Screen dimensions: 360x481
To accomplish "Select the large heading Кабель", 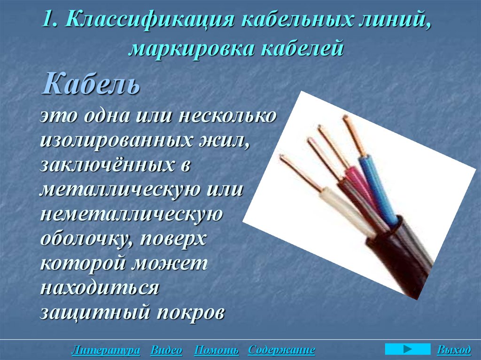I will click(92, 84).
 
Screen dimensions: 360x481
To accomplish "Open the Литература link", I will click(106, 350).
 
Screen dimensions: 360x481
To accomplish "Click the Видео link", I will click(167, 350).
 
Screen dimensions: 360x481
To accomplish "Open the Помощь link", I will click(217, 350).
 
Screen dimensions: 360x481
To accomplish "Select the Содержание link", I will click(281, 350).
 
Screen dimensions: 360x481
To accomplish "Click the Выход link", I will click(453, 350).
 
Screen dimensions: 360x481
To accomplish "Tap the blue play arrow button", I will click(407, 349).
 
